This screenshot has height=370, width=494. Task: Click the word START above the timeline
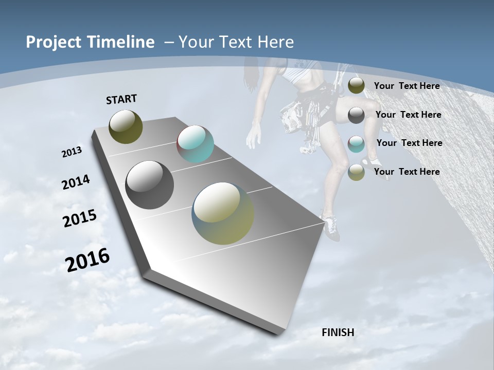121,99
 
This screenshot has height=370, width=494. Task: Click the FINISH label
338,332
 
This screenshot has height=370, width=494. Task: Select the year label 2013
72,152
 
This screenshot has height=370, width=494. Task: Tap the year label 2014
76,182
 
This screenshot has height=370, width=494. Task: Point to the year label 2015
79,218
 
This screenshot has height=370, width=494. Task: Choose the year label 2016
87,260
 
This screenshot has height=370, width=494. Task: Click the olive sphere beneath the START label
126,126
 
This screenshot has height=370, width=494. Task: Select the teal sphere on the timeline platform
195,144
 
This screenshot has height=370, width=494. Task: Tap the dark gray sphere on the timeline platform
149,185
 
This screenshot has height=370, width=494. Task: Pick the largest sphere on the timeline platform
223,213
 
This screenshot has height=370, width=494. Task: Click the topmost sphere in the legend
356,86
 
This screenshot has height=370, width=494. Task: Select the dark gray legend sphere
356,115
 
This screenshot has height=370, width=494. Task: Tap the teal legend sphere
356,143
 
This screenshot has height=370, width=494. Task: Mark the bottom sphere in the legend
356,172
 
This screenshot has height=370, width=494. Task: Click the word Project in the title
53,42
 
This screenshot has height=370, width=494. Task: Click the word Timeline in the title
121,42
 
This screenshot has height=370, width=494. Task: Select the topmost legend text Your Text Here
407,86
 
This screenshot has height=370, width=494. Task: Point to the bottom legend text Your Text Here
407,172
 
